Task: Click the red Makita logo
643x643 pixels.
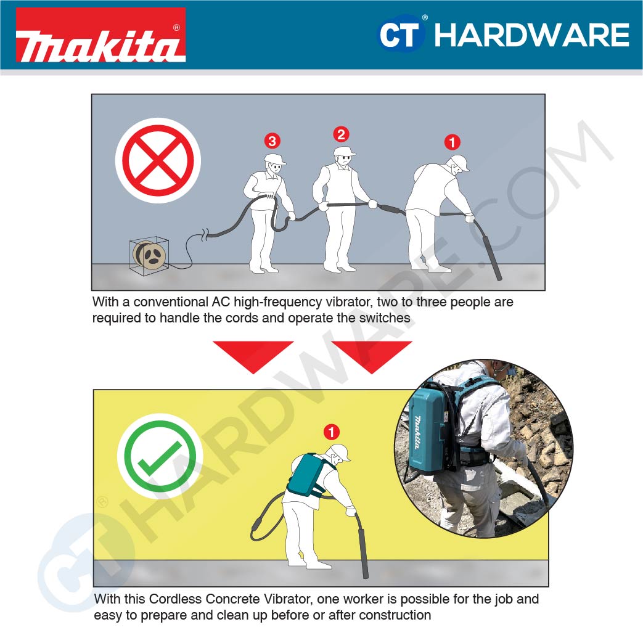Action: click(100, 35)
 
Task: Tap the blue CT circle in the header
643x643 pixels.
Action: click(401, 34)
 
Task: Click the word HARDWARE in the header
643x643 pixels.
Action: click(531, 35)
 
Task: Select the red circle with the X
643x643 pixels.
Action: click(158, 160)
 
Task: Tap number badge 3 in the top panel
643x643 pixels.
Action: click(272, 141)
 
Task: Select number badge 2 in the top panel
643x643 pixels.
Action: click(341, 134)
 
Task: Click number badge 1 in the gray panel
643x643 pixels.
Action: click(453, 142)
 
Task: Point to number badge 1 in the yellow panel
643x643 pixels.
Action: click(332, 432)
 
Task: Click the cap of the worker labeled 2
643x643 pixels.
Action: click(345, 151)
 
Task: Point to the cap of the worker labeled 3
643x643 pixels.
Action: click(275, 158)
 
